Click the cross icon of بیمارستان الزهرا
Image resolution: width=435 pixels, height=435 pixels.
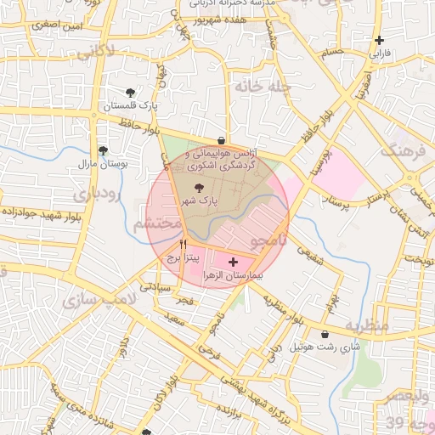point(234,263)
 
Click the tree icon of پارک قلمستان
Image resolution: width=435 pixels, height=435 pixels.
point(130,93)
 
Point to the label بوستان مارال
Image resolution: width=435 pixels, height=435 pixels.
point(103,163)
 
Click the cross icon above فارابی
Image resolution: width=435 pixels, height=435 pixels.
point(379,40)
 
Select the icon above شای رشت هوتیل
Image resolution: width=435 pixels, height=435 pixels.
point(327,335)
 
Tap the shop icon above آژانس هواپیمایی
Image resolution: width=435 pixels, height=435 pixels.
point(221,141)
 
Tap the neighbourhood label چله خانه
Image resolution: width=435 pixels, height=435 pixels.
point(263,87)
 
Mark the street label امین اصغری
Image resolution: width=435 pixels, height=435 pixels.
point(57,26)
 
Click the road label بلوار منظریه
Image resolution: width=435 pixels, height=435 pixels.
point(282,311)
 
